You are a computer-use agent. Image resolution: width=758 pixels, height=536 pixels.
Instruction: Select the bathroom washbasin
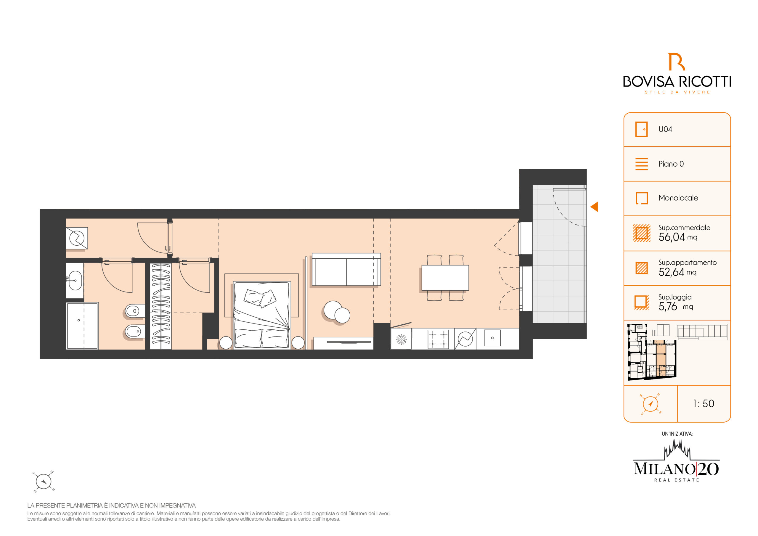[75, 281]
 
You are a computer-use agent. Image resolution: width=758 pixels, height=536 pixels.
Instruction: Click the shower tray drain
[78, 320]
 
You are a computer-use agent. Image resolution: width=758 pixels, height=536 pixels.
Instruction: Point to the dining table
[445, 278]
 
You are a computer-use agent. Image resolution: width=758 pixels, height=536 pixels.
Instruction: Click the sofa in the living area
[346, 269]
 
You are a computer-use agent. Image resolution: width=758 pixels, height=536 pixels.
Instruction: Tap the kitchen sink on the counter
[492, 338]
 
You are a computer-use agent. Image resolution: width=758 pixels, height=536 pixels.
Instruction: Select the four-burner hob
[438, 339]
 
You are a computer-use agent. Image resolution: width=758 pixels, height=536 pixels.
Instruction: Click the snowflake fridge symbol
[401, 339]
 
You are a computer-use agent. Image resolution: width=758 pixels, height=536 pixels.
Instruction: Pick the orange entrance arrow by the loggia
[594, 207]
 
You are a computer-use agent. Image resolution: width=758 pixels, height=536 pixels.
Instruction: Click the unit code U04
[665, 129]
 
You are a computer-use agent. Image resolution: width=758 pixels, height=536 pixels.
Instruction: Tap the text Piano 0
[671, 164]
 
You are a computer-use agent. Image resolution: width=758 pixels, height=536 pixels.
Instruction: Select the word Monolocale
[678, 198]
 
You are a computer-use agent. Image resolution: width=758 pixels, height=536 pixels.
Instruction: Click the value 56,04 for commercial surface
[672, 237]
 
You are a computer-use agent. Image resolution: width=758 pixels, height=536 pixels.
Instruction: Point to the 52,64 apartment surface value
[671, 272]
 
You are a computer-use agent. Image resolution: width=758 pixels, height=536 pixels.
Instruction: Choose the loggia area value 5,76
[667, 307]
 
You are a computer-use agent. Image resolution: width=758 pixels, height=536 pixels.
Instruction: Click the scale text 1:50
[704, 403]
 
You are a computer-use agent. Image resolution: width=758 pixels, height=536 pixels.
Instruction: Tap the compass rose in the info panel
[651, 404]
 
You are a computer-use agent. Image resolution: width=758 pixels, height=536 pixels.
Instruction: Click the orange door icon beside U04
[641, 129]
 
